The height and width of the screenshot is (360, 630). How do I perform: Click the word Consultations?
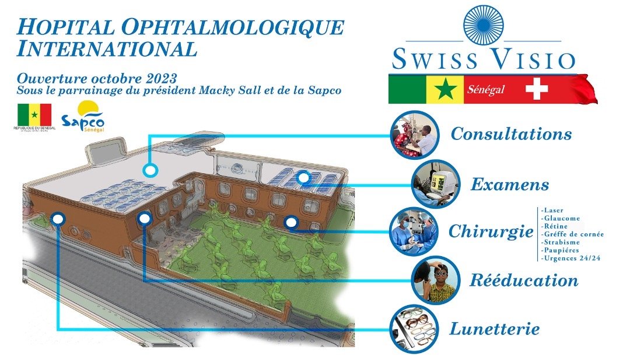point(511,134)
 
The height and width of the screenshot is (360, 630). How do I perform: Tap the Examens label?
point(510,185)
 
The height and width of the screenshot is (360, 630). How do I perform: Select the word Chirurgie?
point(491,232)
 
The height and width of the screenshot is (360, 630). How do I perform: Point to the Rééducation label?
point(524,280)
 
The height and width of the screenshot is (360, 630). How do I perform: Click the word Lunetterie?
point(494,328)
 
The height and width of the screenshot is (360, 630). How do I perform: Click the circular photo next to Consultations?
point(415,135)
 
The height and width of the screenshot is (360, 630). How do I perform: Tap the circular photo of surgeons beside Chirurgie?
point(414,231)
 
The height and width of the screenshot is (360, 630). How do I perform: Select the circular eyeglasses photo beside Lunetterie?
point(414,329)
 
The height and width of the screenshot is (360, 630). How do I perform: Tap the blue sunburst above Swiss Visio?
point(484,25)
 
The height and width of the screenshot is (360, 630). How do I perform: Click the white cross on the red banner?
point(537,90)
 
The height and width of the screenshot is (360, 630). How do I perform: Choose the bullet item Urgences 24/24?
point(569,257)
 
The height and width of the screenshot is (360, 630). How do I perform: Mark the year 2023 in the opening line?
point(159,78)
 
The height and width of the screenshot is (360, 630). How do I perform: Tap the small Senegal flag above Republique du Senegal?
point(34,114)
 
